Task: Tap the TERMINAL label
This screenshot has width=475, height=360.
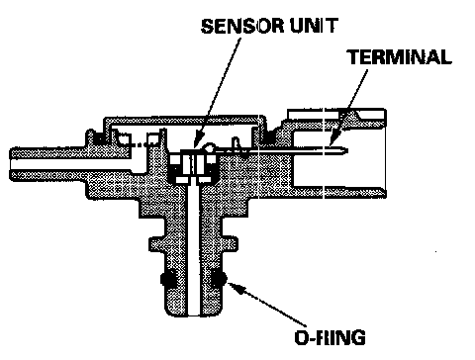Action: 400,56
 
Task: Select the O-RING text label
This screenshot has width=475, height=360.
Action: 330,337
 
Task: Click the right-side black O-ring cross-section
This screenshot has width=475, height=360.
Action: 218,279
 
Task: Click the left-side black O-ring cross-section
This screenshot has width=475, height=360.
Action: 168,279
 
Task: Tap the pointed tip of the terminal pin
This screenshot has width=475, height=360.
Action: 346,151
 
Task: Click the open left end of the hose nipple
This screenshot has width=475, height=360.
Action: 11,164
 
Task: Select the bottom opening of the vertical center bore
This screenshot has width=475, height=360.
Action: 194,315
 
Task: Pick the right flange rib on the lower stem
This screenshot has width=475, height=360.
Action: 230,244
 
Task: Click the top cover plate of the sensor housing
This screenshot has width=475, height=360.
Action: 185,120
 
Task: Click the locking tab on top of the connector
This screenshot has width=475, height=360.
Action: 354,116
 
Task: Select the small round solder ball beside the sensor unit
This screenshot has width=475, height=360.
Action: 209,147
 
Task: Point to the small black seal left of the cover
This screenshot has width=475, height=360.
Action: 98,137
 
